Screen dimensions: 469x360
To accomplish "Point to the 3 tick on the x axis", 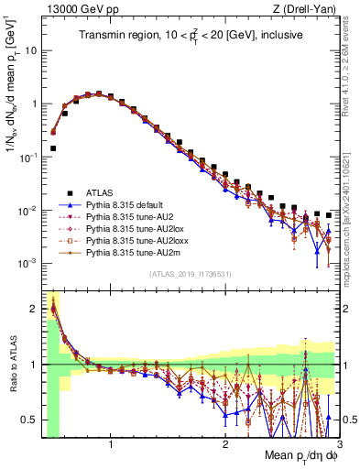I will coord(338,444).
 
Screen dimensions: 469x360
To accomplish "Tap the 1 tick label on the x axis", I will coord(111,444).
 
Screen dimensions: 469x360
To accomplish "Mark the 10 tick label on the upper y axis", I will coord(30,50).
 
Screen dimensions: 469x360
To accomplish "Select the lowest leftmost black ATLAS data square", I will coord(53,147).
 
